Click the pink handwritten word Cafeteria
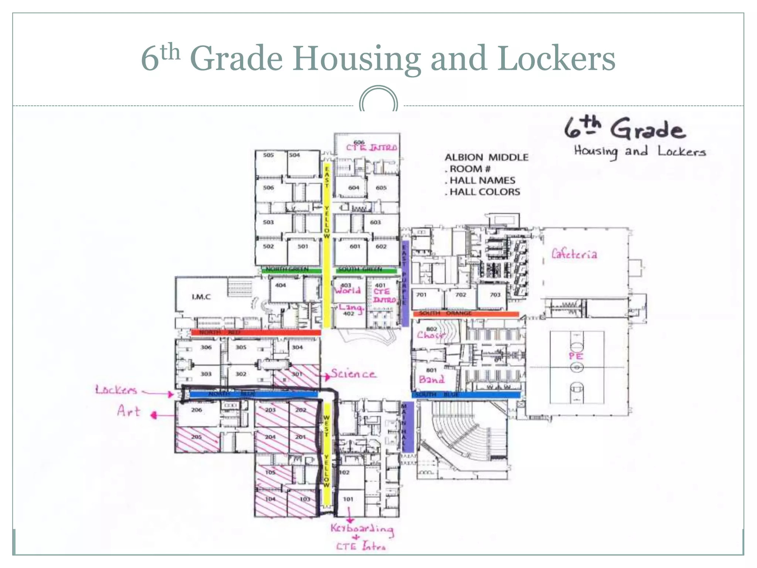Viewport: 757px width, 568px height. click(574, 254)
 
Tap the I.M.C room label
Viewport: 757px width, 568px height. click(201, 297)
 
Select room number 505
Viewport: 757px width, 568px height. click(268, 155)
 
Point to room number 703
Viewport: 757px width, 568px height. click(495, 295)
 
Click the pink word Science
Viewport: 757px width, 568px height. click(353, 373)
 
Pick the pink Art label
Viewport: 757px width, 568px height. click(129, 411)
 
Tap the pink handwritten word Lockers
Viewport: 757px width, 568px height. click(116, 390)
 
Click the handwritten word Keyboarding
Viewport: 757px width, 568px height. click(362, 529)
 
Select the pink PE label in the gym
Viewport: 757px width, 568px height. click(576, 356)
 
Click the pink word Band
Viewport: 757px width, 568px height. click(431, 379)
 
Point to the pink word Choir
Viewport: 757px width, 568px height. click(430, 335)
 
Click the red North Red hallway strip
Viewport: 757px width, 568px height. click(256, 332)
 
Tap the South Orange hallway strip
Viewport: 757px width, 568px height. click(466, 314)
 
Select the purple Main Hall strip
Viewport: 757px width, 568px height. click(407, 427)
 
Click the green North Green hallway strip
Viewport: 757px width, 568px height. click(291, 270)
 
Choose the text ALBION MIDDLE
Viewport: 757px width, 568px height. click(486, 158)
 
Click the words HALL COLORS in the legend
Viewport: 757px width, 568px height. click(485, 192)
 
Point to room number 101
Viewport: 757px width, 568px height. click(348, 499)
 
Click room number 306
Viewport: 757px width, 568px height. click(206, 347)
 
